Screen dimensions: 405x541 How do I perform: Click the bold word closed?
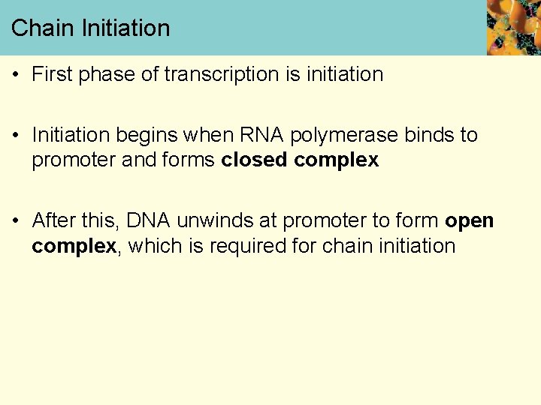[x=255, y=160]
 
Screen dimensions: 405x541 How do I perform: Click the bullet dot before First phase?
[x=15, y=74]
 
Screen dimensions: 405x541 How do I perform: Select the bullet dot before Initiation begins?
[x=15, y=135]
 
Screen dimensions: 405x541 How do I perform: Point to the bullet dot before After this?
[x=15, y=220]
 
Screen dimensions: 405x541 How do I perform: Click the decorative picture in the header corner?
[x=513, y=27]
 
